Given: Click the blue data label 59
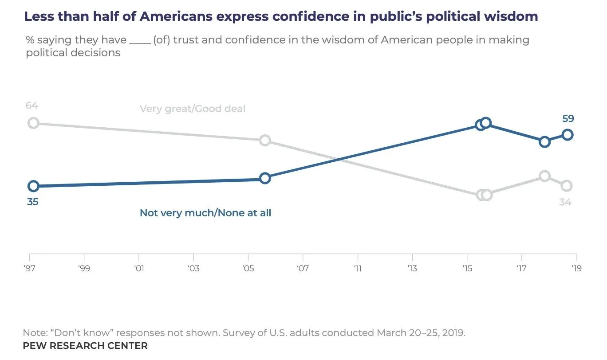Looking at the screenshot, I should coord(568,119).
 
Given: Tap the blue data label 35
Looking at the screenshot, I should coord(32,202).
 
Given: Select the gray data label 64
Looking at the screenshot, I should coord(32,106).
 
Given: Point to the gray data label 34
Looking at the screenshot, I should coord(565,202).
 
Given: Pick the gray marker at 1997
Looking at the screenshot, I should coord(33,123).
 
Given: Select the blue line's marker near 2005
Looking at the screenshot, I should coord(264,178).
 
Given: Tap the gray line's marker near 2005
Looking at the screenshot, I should coord(264,141).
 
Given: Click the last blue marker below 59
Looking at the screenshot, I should coord(567,135).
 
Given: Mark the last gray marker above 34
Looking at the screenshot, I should coord(566,186).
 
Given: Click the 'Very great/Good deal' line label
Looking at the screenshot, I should coord(192,109).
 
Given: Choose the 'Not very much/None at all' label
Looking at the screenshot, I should coord(205,213).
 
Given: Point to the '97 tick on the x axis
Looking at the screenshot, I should coord(29,268).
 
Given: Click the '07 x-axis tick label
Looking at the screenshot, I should coord(303,268).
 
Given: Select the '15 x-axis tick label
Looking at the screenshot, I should coord(467,268).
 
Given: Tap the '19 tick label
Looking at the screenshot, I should coord(576,268).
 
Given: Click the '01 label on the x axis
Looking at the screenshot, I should coord(139,268).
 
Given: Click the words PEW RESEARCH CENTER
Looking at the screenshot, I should coord(85,345).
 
